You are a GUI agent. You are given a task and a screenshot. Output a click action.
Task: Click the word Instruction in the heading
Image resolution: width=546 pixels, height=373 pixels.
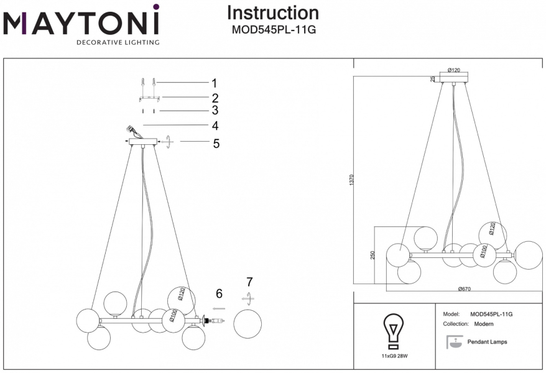272,12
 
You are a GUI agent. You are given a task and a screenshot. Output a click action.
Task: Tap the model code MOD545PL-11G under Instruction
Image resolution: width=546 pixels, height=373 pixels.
272,29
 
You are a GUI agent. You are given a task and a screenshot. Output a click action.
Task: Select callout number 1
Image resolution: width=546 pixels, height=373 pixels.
214,83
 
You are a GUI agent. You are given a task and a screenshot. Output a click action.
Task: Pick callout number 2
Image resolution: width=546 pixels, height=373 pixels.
215,98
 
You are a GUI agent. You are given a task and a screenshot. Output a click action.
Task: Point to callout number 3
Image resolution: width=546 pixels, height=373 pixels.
215,111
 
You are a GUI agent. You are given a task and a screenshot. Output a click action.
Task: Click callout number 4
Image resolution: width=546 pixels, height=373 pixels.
215,126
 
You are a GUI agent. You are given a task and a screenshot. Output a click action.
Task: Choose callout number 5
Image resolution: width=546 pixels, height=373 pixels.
216,144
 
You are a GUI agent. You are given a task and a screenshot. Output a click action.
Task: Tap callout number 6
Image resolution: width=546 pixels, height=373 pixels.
219,293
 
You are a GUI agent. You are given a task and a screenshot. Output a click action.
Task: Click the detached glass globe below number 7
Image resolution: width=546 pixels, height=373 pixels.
247,323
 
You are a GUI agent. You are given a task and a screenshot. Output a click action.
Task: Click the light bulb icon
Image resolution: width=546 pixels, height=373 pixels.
393,331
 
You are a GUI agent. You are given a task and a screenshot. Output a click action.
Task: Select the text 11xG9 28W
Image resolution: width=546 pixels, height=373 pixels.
394,357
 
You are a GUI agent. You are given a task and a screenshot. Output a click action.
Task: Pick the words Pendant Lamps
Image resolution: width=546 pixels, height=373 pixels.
487,342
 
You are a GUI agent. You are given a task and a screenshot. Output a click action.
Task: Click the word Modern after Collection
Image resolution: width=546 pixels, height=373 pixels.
484,325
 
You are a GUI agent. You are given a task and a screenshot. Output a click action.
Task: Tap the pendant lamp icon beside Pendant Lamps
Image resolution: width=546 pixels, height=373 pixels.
455,341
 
